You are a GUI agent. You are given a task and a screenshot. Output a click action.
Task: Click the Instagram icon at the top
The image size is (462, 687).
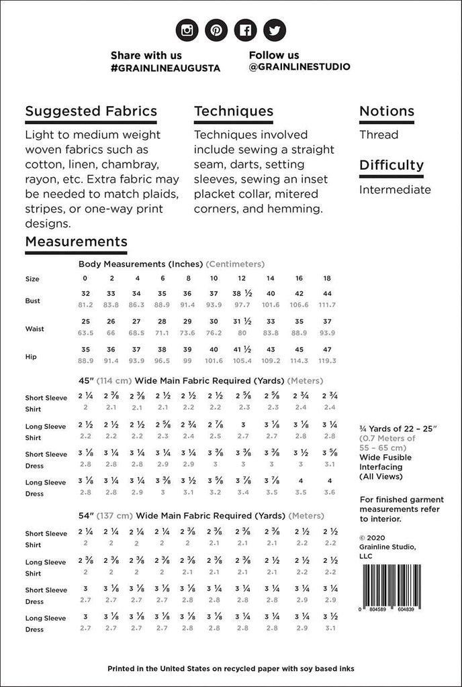(187, 30)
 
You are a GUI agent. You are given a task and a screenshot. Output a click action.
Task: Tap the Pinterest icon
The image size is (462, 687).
(217, 30)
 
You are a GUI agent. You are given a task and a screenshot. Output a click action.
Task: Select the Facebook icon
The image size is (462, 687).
(246, 30)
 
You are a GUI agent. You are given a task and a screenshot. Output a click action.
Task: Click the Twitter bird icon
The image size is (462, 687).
(275, 30)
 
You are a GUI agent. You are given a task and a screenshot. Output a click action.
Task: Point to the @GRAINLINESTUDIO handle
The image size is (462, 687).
(299, 67)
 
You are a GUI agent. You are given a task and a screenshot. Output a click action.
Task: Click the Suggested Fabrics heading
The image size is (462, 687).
(91, 111)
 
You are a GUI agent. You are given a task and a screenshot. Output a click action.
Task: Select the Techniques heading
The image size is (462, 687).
(233, 111)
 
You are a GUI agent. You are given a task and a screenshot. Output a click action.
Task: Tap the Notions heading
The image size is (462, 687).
(386, 111)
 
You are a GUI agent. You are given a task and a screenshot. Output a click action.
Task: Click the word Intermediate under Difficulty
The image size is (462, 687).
(395, 189)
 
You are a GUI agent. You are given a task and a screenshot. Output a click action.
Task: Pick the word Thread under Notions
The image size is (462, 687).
(379, 134)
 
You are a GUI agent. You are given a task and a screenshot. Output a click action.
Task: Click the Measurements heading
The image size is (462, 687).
(76, 242)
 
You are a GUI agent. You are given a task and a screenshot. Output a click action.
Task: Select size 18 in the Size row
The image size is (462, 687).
(327, 278)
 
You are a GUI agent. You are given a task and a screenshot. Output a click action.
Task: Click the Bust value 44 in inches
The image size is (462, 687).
(327, 294)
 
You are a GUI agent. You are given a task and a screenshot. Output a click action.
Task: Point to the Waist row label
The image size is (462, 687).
(34, 329)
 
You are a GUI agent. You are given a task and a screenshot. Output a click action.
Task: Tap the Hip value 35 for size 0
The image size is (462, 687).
(85, 350)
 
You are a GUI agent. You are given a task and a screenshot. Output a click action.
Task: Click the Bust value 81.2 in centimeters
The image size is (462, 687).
(85, 305)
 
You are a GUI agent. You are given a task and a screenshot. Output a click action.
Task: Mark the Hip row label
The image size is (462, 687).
(30, 357)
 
